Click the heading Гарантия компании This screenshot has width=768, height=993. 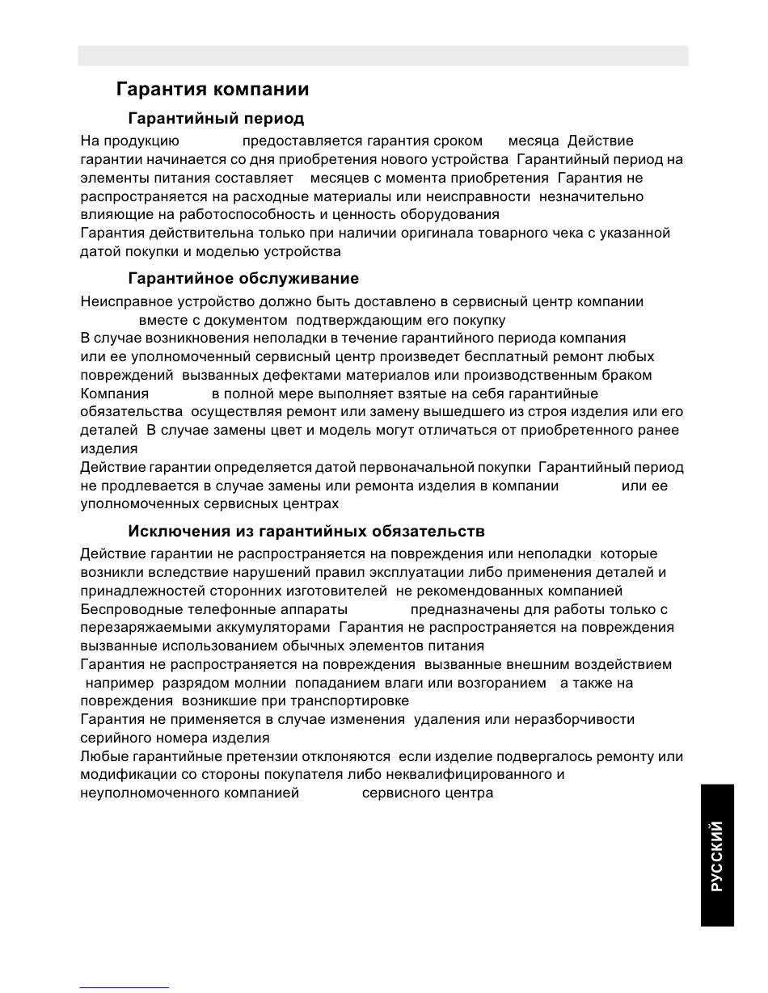point(212,89)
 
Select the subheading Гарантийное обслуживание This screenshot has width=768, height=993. point(243,279)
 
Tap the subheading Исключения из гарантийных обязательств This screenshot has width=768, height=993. point(306,532)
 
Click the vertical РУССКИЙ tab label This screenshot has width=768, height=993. point(717,856)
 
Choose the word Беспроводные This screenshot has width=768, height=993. point(133,609)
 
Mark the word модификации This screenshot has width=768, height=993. point(122,774)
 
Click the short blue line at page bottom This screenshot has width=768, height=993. point(124,987)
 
